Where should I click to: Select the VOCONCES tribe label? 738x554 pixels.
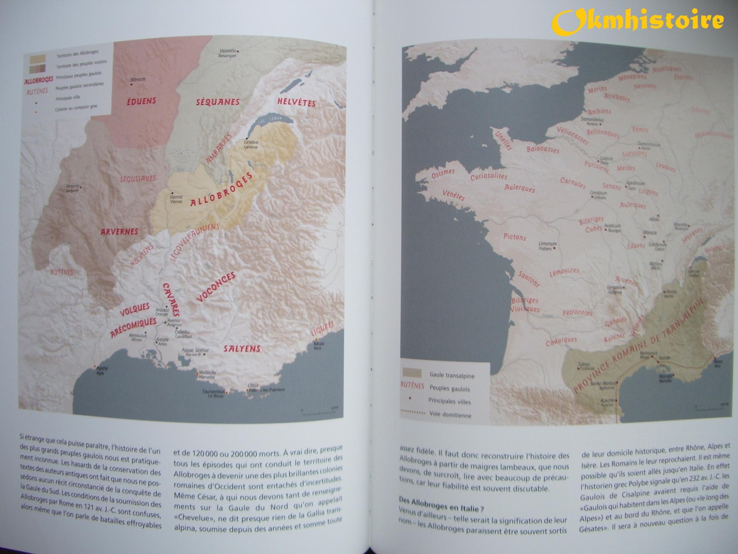pyautogui.click(x=215, y=287)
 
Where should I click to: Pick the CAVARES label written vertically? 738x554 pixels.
pyautogui.click(x=170, y=300)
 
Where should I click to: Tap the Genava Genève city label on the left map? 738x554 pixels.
pyautogui.click(x=251, y=144)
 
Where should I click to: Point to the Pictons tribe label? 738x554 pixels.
pyautogui.click(x=514, y=237)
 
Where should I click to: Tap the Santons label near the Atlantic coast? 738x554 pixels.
pyautogui.click(x=529, y=278)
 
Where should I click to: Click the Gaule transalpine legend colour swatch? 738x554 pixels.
pyautogui.click(x=412, y=373)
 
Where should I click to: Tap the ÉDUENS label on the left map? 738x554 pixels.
pyautogui.click(x=141, y=101)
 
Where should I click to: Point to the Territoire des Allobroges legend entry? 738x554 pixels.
pyautogui.click(x=77, y=54)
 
